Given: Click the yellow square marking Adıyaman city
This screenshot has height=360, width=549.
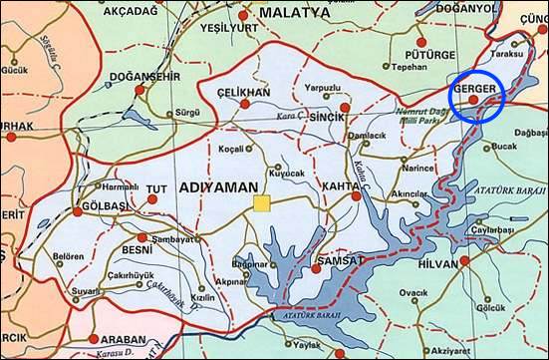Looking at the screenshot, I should [262, 204].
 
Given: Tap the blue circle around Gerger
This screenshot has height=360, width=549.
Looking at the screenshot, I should [479, 98].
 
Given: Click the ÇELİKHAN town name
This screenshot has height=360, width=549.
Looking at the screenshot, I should [244, 92].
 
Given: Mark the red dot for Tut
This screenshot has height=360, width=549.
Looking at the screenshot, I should [152, 199].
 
